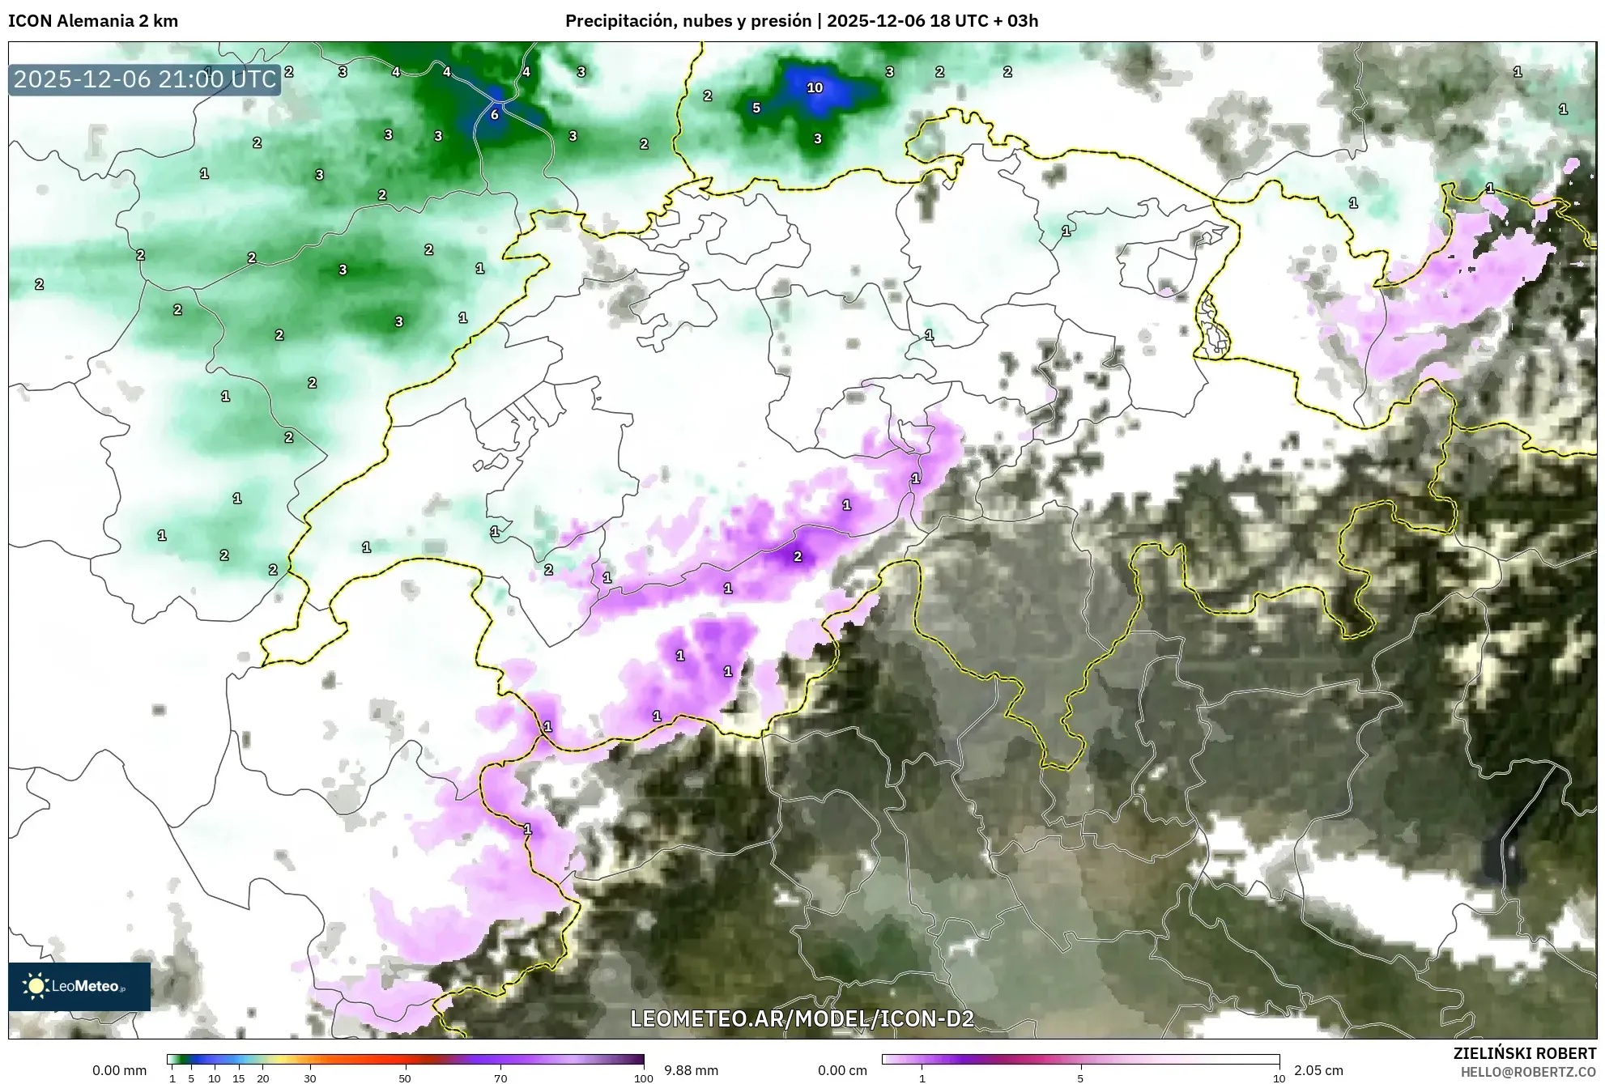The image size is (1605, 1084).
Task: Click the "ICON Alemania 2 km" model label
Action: click(93, 21)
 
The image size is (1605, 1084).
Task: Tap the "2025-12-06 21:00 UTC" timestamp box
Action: click(145, 79)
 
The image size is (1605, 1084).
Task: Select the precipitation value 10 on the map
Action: click(815, 87)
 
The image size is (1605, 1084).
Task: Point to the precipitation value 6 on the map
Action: click(494, 115)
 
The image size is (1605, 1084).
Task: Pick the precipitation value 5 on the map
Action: click(756, 108)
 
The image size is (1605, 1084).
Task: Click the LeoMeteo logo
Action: click(79, 986)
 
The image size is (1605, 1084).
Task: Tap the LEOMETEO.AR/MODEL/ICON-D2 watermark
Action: click(802, 1018)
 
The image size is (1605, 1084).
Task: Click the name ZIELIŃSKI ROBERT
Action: click(1524, 1053)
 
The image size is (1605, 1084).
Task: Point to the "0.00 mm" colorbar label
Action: click(119, 1070)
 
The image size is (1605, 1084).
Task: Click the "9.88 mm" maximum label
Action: click(691, 1070)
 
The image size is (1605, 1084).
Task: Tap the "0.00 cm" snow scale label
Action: click(842, 1070)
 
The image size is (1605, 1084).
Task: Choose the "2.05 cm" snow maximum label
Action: click(1318, 1070)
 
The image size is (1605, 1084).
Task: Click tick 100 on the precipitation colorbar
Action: click(644, 1078)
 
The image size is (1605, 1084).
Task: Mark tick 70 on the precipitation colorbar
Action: click(500, 1078)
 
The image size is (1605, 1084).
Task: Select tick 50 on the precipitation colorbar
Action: click(405, 1078)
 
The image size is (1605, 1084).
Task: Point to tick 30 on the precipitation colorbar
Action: click(309, 1078)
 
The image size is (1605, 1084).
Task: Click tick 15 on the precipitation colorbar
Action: click(238, 1078)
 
